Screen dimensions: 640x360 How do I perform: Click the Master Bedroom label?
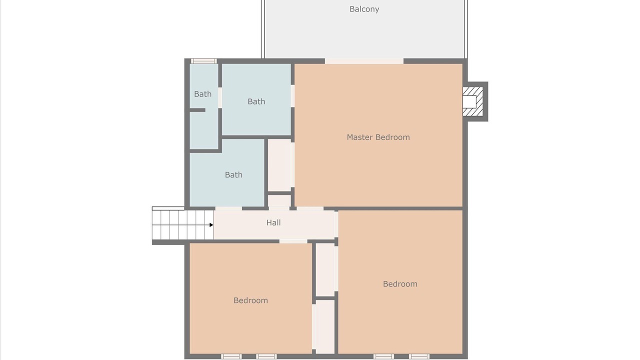[378, 137]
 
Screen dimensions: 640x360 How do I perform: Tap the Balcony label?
[364, 9]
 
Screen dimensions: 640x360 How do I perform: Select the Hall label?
[273, 222]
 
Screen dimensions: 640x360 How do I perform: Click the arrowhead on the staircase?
[211, 225]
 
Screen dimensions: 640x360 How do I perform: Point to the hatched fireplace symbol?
[473, 101]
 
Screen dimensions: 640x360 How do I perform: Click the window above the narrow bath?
[203, 61]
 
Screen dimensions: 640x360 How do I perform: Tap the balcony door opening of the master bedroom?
[364, 61]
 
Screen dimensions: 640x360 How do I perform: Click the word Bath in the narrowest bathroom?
[202, 94]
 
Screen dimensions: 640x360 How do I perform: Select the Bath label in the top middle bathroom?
[256, 101]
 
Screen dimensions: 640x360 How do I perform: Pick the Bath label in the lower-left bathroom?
[233, 174]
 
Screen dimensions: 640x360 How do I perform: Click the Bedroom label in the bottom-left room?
[250, 300]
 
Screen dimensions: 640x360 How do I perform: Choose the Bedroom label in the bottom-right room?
[400, 283]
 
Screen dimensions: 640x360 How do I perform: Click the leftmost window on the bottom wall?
[231, 356]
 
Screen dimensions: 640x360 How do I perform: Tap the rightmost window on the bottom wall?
[419, 356]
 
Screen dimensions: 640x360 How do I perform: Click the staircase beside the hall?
[182, 225]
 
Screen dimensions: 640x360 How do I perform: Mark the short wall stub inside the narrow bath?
[197, 110]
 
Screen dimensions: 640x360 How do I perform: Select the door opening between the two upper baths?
[220, 97]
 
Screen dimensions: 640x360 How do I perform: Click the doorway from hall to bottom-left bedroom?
[293, 241]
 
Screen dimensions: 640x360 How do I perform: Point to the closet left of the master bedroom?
[279, 165]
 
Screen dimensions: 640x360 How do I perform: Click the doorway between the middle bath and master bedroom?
[292, 96]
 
